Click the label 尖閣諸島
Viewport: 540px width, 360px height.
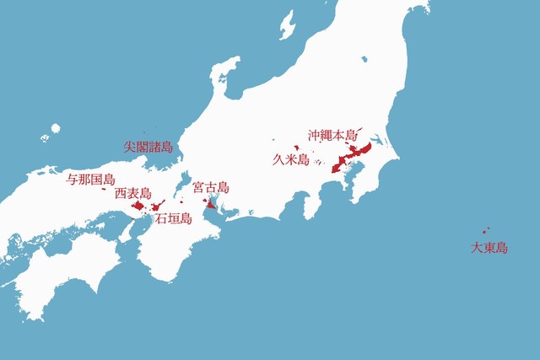[x=148, y=147]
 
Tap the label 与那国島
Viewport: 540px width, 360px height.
[x=90, y=179]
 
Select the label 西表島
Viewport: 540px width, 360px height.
[x=132, y=193]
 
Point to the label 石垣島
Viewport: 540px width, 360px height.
[x=173, y=218]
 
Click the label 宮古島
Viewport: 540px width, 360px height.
[x=211, y=187]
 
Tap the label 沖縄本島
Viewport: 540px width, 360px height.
[x=332, y=135]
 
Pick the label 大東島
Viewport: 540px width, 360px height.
[x=489, y=248]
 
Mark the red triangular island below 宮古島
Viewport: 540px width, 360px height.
[x=210, y=203]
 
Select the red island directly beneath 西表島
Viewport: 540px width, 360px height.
[x=138, y=204]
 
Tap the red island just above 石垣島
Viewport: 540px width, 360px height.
[x=159, y=205]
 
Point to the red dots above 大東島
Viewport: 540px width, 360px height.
[x=485, y=231]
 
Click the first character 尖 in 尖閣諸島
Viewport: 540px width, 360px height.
[x=130, y=147]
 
